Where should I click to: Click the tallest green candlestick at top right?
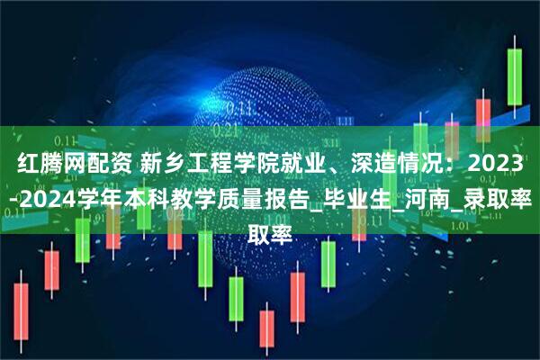tap(516, 76)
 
